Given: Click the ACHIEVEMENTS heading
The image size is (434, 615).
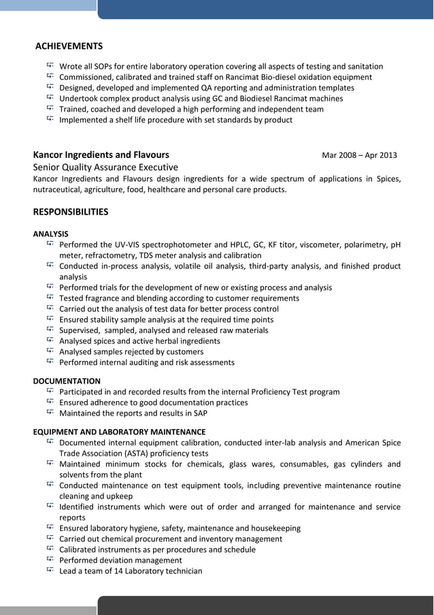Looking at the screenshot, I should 69,46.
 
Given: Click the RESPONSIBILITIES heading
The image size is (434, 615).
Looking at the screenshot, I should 71,212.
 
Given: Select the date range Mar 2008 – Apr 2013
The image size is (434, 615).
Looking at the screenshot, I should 358,155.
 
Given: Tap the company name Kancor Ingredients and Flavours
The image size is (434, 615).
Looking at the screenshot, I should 101,155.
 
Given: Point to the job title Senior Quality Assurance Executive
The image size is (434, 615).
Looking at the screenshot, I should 105,168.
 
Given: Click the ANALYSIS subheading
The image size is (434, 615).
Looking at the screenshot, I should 50,234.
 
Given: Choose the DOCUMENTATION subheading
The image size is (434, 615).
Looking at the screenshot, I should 67,381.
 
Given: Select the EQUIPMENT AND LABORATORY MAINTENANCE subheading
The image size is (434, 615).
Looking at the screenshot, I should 119,432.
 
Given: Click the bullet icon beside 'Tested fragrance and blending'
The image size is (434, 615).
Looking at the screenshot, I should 50,298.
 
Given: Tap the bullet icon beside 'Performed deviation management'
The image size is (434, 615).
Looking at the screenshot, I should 50,560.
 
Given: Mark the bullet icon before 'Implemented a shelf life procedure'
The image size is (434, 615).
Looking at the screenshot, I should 50,119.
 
